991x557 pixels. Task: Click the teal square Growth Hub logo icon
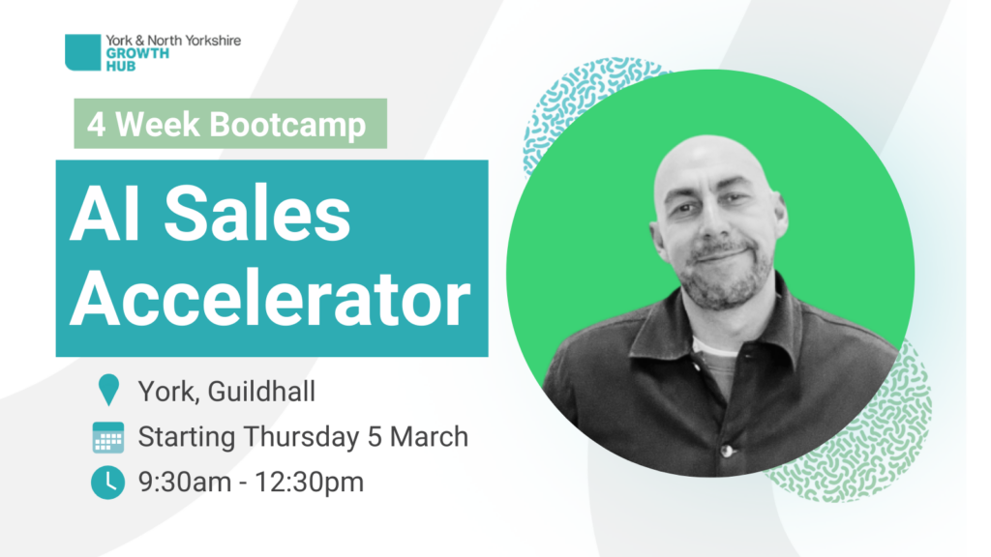point(83,52)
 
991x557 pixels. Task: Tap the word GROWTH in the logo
point(137,54)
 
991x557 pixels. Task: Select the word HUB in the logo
point(121,66)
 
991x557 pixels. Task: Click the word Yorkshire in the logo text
point(209,41)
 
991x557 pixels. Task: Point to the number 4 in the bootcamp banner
point(96,125)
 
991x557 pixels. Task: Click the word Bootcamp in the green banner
point(287,125)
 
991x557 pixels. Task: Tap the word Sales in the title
point(257,214)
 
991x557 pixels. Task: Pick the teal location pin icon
point(108,389)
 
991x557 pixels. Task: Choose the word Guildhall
point(261,392)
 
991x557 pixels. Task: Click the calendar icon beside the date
point(108,438)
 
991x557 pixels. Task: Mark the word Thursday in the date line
point(302,438)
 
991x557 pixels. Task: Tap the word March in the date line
point(429,437)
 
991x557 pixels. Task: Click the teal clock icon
point(108,484)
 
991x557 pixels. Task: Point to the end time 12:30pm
point(309,484)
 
